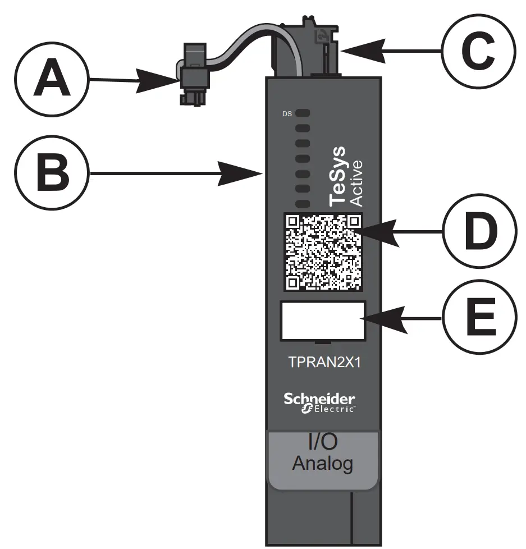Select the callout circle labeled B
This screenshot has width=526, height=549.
click(52, 175)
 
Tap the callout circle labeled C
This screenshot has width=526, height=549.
click(478, 51)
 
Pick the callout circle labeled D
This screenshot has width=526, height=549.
click(478, 231)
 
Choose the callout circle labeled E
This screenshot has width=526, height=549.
click(478, 317)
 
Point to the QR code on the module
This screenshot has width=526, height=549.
click(322, 253)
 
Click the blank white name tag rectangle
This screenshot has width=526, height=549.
click(323, 321)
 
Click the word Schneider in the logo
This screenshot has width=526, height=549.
click(319, 399)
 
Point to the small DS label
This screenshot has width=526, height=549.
click(287, 114)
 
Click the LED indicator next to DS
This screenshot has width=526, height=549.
click(303, 113)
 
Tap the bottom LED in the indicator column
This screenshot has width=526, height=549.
click(303, 203)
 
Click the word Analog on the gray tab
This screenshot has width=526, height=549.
click(323, 464)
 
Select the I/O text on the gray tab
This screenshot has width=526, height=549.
click(323, 442)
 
